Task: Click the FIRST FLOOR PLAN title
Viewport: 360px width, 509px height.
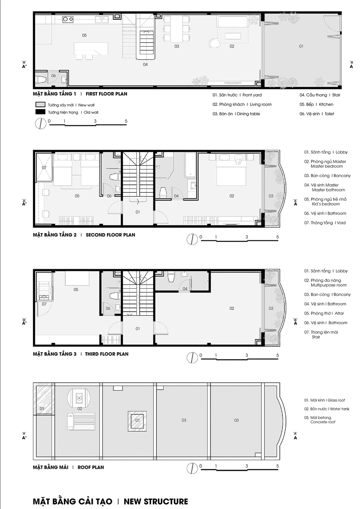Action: pos(106,94)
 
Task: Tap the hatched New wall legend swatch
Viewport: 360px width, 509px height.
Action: pos(40,105)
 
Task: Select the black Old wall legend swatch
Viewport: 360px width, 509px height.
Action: pos(40,112)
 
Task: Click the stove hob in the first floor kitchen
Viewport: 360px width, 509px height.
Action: pos(68,19)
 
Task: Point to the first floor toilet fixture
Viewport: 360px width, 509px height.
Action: pos(42,80)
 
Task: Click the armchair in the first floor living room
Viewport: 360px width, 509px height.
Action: pos(214,43)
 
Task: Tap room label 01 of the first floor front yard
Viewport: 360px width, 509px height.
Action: pos(301,46)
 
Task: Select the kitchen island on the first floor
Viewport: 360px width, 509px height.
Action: pos(91,49)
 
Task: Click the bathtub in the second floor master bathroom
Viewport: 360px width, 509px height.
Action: pos(190,165)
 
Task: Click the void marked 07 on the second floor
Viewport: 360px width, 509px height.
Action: pos(44,168)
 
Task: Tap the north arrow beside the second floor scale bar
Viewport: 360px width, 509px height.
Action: pos(192,239)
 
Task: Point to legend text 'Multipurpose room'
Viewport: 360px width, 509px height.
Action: pos(328,285)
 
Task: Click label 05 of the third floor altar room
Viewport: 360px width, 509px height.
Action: pos(76,289)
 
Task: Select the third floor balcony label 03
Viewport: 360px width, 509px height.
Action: pos(271,309)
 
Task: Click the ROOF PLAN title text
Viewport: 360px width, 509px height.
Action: pos(91,467)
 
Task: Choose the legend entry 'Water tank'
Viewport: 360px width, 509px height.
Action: pos(339,409)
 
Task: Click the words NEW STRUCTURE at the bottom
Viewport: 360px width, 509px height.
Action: pos(156,501)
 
